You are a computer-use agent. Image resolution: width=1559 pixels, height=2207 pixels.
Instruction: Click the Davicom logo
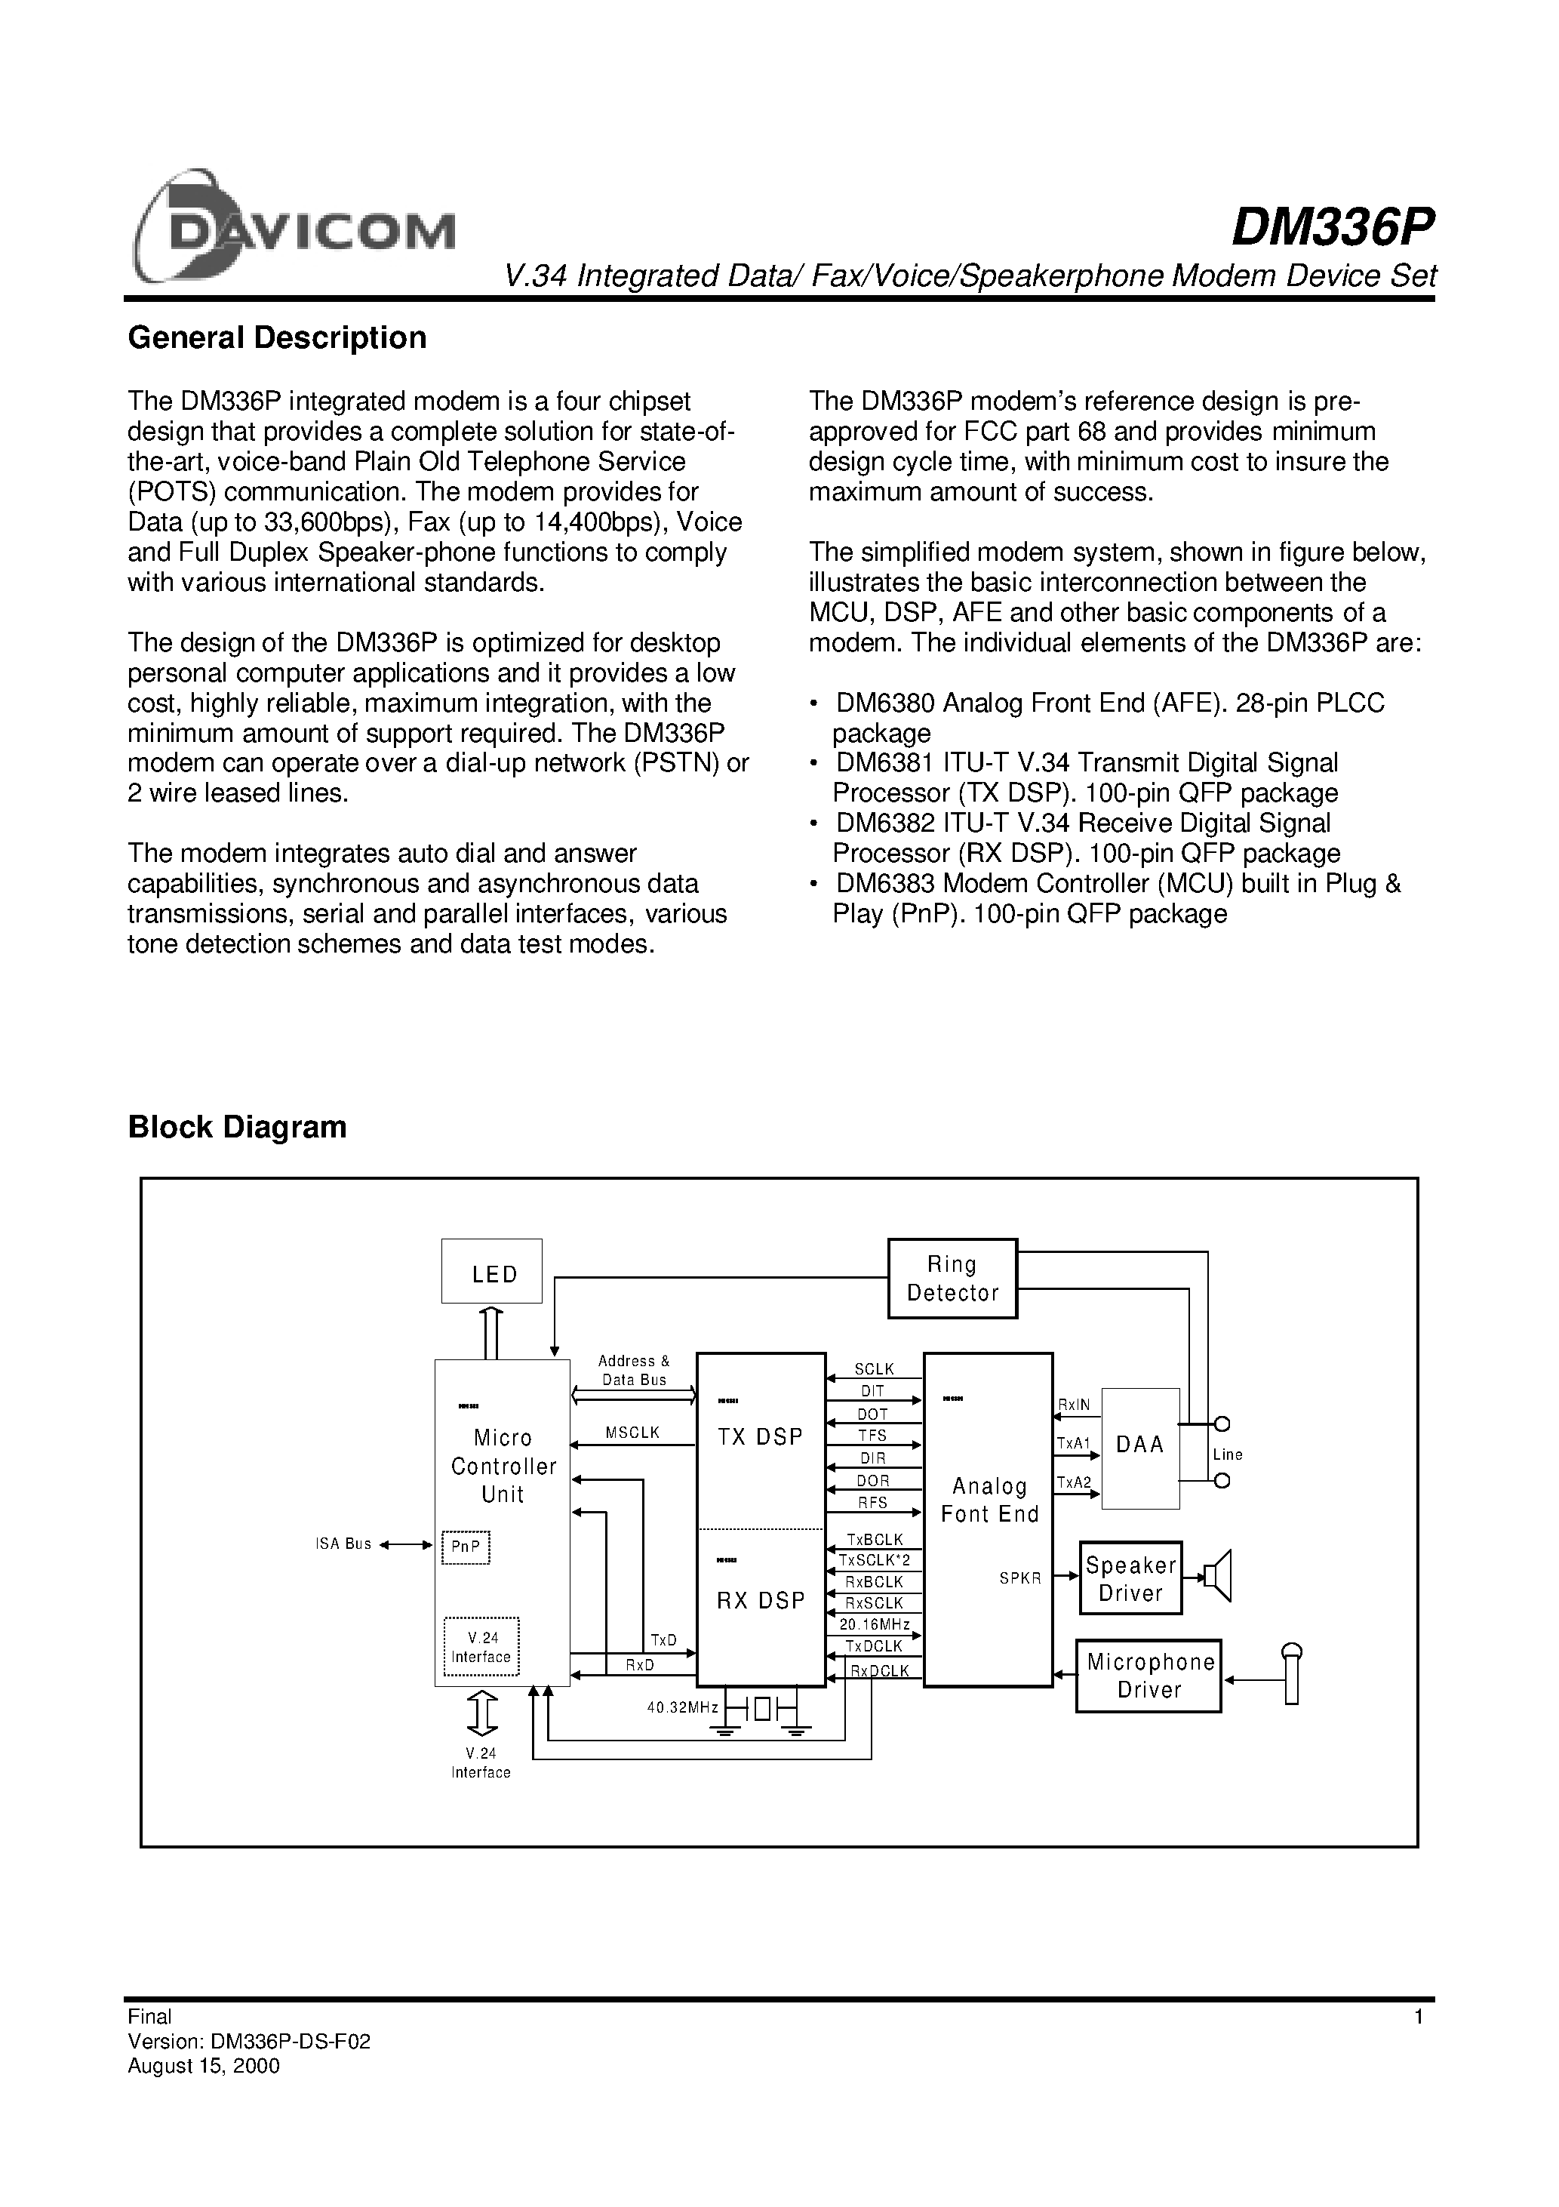(x=293, y=229)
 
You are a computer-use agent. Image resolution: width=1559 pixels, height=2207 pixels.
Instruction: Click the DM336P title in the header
(x=1332, y=229)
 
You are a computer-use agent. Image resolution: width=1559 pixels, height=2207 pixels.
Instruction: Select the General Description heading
(x=277, y=337)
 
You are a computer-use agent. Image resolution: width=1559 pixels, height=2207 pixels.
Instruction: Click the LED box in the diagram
(x=492, y=1271)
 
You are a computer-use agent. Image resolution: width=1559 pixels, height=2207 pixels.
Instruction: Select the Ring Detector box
(x=952, y=1279)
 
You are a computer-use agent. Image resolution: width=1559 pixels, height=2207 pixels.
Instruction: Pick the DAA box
(x=1140, y=1445)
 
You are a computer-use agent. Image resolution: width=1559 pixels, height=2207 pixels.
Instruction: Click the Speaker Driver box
(x=1130, y=1578)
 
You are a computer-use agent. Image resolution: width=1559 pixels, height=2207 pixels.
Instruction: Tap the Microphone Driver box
(x=1148, y=1676)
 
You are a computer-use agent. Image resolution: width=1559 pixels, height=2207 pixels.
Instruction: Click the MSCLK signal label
(x=632, y=1433)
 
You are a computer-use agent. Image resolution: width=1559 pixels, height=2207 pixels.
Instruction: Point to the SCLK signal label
(x=874, y=1368)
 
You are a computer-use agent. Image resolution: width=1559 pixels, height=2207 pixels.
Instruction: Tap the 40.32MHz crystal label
(x=682, y=1708)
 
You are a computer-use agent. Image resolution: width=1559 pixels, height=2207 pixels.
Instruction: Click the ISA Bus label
(x=343, y=1544)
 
